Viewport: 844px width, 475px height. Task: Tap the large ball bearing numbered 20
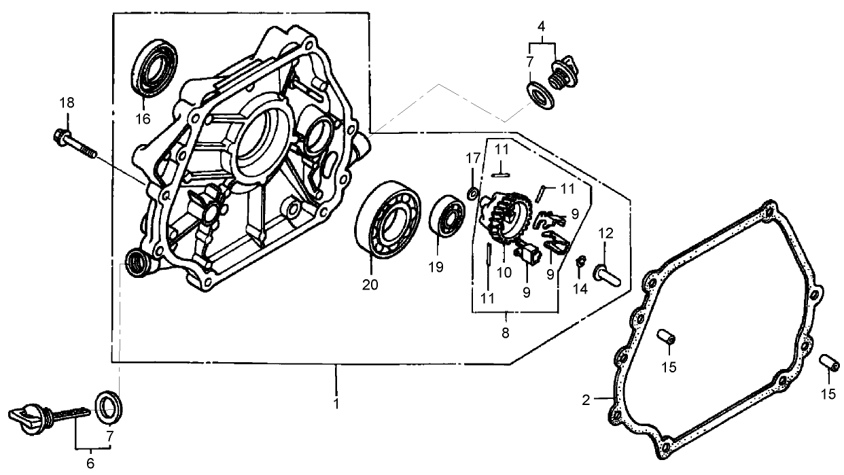388,219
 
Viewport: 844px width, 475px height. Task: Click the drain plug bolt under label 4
564,72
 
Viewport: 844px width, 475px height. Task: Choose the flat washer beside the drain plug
540,94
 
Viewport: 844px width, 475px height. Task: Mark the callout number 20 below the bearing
370,285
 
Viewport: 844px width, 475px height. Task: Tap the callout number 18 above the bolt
66,103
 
